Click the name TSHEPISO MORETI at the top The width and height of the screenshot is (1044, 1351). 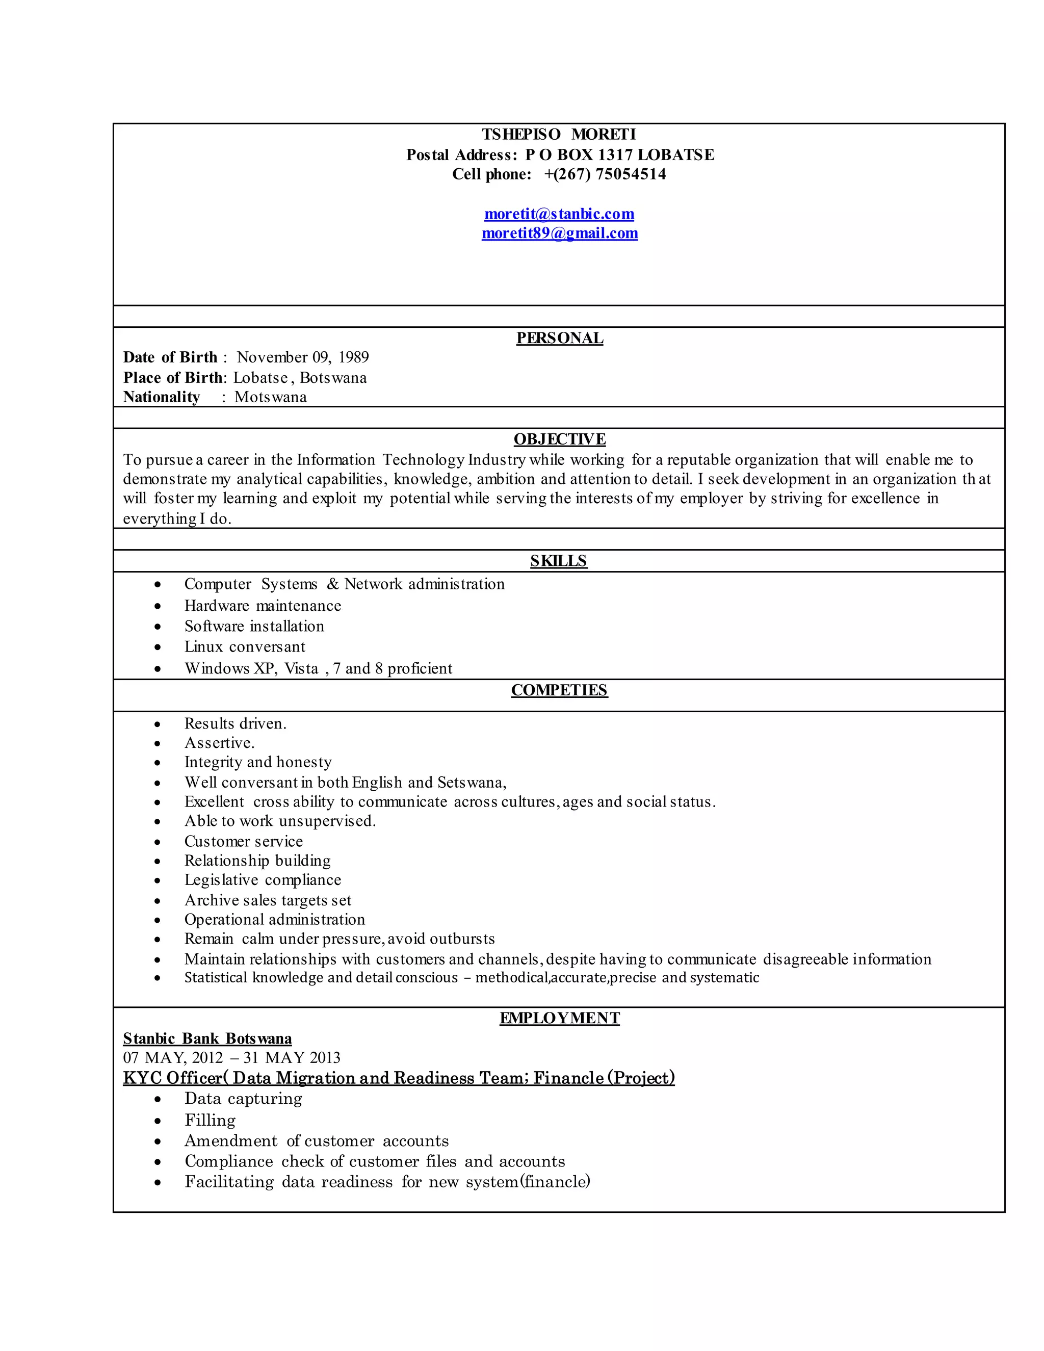tap(559, 134)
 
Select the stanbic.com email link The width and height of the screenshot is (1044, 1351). tap(559, 214)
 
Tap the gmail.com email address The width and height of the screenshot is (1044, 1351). tap(559, 233)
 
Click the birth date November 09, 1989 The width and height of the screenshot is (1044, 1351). tap(302, 357)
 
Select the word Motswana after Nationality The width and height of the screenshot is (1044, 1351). tap(270, 397)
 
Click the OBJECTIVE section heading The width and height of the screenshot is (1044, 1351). tap(559, 439)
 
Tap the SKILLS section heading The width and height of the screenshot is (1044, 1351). tap(559, 561)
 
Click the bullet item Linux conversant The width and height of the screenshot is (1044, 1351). tap(245, 647)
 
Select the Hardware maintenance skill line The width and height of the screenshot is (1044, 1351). tap(262, 606)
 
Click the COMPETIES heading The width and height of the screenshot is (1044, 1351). tap(559, 690)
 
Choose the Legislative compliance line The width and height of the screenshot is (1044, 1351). tap(262, 880)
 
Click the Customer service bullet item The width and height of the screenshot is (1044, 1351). tap(244, 842)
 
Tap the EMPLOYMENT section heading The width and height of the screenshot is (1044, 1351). tap(559, 1018)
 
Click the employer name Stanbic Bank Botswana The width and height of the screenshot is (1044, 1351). tap(207, 1038)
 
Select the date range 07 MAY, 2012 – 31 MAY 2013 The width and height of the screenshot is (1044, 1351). tap(231, 1058)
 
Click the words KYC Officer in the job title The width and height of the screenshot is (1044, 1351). tap(172, 1078)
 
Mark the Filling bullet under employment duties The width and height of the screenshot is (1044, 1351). tap(211, 1120)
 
